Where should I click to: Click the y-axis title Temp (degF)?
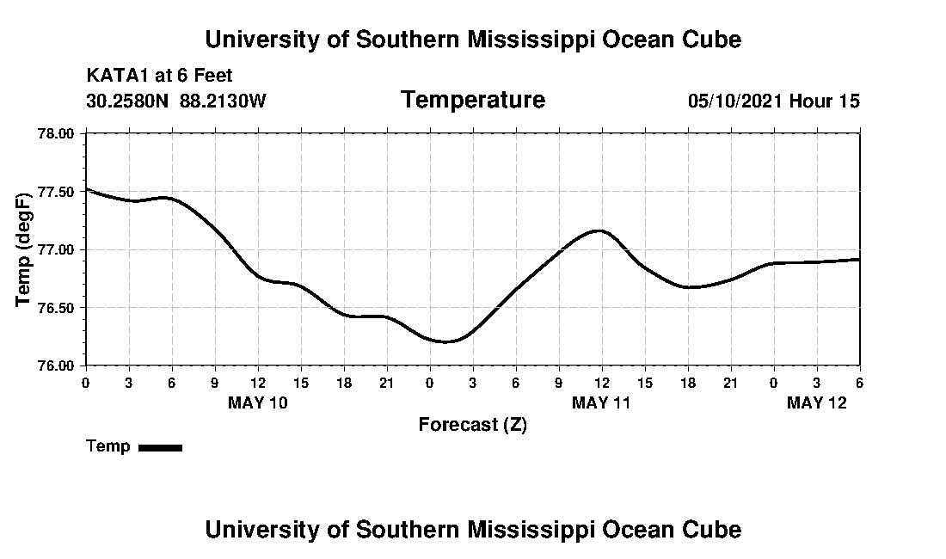click(24, 249)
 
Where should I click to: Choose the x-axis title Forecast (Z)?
click(472, 424)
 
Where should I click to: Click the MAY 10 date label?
click(258, 402)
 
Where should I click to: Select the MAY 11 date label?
click(601, 402)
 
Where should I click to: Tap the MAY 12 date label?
click(817, 402)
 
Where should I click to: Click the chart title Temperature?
click(472, 100)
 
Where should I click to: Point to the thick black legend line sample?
click(160, 447)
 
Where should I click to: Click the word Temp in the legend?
click(108, 446)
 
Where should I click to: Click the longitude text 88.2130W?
click(223, 101)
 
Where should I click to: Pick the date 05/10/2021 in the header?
click(735, 101)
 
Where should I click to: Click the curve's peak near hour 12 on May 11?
click(599, 230)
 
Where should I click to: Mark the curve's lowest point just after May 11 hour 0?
click(447, 341)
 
